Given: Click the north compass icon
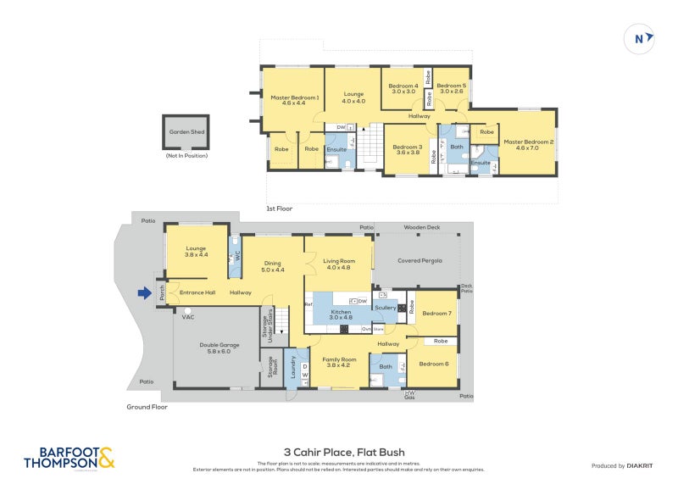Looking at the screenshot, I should click(640, 37).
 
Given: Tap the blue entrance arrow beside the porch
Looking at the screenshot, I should click(142, 294).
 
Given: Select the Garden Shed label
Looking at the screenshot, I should click(186, 132).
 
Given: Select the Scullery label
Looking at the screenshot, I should click(386, 307).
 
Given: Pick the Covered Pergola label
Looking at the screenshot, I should click(421, 261).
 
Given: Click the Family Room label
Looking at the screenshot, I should click(338, 361).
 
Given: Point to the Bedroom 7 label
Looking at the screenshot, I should click(436, 314).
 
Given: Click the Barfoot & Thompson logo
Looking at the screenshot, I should click(69, 458).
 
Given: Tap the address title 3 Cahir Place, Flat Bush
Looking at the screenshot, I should click(339, 453).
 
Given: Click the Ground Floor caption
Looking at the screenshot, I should click(148, 407).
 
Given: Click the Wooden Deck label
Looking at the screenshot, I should click(421, 227).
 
